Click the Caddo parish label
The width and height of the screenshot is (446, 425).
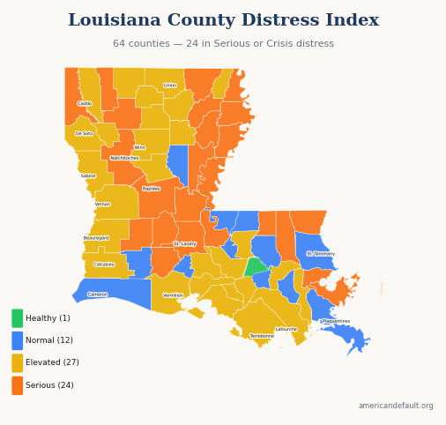(x=85, y=104)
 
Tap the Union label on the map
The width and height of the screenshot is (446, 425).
(x=170, y=86)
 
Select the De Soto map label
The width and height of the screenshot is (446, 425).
(x=84, y=134)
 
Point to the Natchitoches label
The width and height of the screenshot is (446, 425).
(x=124, y=158)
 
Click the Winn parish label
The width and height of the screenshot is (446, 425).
(x=140, y=147)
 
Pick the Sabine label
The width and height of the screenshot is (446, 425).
(x=88, y=176)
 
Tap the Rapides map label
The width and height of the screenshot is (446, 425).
(x=152, y=189)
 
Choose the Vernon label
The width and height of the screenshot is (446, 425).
(x=103, y=205)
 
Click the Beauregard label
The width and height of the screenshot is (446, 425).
(x=96, y=238)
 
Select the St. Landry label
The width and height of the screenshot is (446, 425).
(x=185, y=244)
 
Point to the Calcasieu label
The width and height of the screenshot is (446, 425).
(x=104, y=265)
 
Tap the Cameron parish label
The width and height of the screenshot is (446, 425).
(x=98, y=295)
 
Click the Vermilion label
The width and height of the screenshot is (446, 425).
(x=174, y=295)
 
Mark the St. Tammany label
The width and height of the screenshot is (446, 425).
(x=321, y=254)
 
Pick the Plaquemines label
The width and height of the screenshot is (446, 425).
(x=336, y=322)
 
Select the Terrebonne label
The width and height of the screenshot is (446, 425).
(x=262, y=336)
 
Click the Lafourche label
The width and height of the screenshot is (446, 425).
(x=286, y=330)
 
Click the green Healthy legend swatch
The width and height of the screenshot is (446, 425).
(x=18, y=318)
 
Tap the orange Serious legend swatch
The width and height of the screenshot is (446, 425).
(x=18, y=385)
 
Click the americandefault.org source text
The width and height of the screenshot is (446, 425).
(x=396, y=406)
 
